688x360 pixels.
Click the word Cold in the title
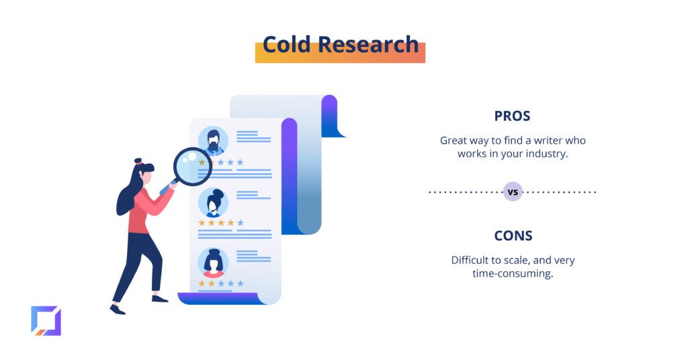286,45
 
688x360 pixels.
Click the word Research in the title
368,45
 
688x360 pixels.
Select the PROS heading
512,116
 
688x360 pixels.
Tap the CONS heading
513,236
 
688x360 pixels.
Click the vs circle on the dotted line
513,191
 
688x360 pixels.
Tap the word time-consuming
512,273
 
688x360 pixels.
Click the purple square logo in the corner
46,321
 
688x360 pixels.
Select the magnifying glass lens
192,167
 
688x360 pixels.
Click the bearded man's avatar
213,141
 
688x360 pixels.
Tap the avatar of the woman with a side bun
213,203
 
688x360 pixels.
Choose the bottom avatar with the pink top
213,263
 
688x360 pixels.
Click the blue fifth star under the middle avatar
241,223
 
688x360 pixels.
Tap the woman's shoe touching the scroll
160,299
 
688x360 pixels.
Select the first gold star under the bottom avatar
202,283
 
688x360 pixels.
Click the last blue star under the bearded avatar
240,163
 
